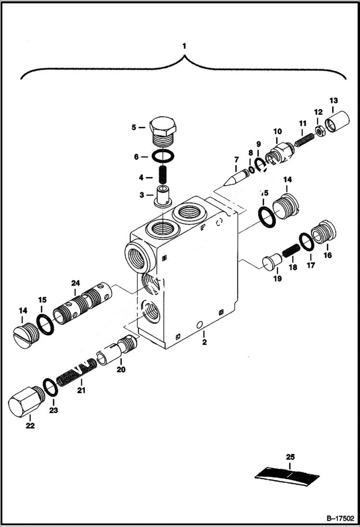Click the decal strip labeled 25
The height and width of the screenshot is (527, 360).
pos(288,474)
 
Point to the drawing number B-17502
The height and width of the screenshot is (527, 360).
pos(340,518)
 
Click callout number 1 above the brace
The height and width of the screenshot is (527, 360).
pos(183,46)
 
